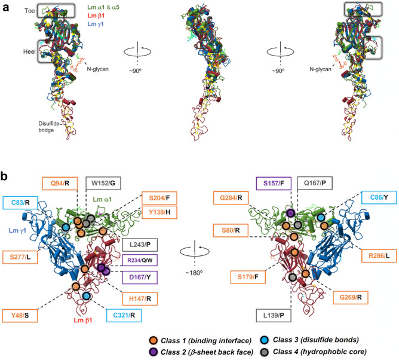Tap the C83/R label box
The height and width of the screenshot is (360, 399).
point(19,203)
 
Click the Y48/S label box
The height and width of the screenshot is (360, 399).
point(23,314)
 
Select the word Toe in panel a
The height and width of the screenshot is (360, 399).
point(10,10)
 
